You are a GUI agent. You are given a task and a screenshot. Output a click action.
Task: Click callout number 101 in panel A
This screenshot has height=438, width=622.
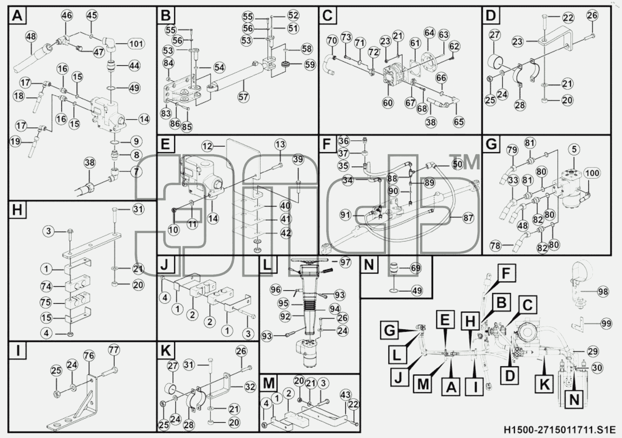[x=136, y=44]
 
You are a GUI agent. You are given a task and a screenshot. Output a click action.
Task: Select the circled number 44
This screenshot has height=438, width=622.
[x=134, y=65]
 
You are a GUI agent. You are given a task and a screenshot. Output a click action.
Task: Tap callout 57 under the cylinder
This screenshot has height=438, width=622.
[x=243, y=97]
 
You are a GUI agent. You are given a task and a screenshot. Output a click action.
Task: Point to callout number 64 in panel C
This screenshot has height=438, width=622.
[x=429, y=33]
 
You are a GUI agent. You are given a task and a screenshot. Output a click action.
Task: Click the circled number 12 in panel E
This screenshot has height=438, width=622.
[x=207, y=146]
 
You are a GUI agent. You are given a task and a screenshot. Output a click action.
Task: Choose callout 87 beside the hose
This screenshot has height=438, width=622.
[x=468, y=218]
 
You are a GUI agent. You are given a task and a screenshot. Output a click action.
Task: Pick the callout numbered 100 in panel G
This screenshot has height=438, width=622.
[x=592, y=173]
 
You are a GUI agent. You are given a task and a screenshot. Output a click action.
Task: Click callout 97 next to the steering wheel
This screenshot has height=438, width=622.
[x=345, y=262]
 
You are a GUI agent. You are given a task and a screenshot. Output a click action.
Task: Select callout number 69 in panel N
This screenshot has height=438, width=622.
[x=415, y=268]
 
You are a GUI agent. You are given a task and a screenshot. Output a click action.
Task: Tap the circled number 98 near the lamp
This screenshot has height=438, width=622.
[x=603, y=292]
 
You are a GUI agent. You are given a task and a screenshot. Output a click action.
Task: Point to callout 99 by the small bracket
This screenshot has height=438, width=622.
[x=606, y=323]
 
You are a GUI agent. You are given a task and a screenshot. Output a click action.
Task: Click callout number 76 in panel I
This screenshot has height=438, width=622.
[x=89, y=356]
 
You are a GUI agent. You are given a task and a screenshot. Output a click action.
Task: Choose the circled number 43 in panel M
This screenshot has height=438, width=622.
[x=345, y=394]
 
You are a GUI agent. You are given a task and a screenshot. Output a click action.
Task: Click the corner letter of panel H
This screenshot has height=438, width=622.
[x=17, y=210]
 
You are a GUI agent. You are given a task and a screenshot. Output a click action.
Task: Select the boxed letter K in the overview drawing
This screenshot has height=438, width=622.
[x=544, y=385]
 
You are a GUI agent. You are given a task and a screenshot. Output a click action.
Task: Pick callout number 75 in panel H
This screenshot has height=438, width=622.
[x=46, y=303]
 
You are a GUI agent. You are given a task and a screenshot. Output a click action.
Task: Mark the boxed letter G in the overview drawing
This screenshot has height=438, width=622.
[x=390, y=330]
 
